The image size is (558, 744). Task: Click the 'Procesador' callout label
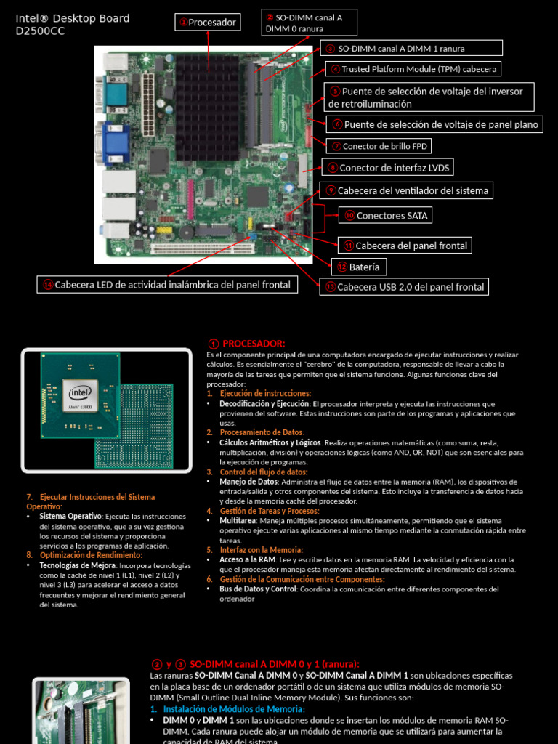[207, 23]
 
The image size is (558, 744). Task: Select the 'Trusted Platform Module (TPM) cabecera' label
[413, 69]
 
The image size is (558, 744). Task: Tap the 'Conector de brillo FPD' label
[378, 146]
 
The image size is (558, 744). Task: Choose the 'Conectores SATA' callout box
[385, 215]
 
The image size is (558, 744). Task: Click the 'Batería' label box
[359, 267]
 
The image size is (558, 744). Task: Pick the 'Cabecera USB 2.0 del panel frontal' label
[403, 287]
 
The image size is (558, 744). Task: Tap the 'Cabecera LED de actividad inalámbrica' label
[166, 285]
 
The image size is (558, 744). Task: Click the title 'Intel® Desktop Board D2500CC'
[73, 25]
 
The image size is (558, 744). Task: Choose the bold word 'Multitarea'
[238, 520]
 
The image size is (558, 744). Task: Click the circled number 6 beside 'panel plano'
[336, 124]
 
